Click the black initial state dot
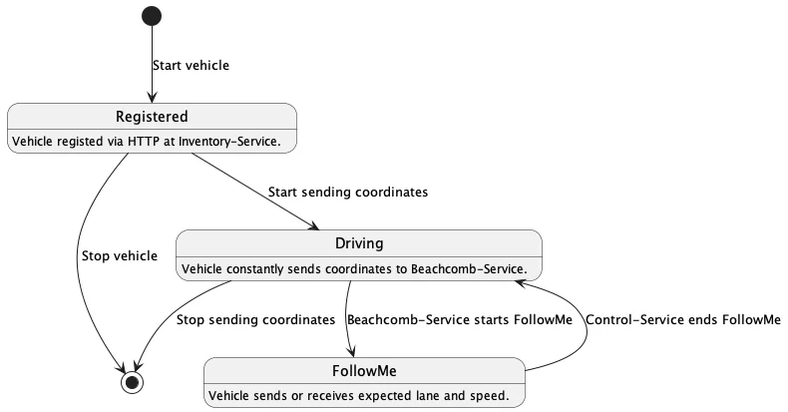click(152, 15)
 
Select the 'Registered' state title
click(152, 117)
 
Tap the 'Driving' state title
click(359, 243)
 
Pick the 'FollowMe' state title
click(363, 371)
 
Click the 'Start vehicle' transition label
click(191, 66)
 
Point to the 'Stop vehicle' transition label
click(119, 256)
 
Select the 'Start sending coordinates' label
click(348, 192)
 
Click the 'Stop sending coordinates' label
click(255, 320)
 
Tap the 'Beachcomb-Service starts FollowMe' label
click(459, 320)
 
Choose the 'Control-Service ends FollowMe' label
click(682, 320)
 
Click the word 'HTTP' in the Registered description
click(128, 142)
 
